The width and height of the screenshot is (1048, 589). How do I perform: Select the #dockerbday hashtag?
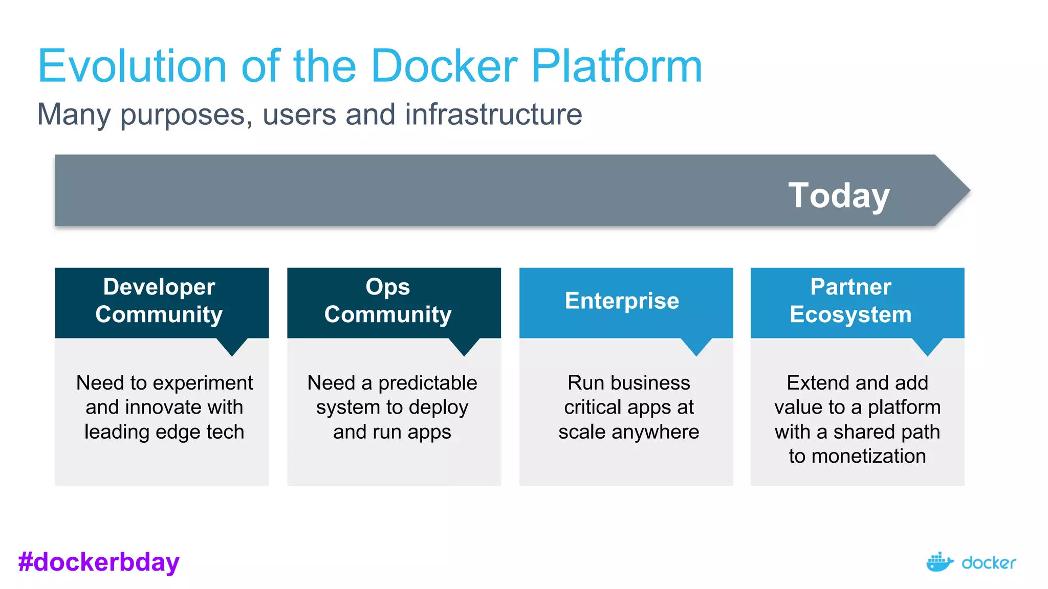click(x=99, y=562)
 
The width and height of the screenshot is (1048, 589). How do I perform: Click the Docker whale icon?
click(x=939, y=562)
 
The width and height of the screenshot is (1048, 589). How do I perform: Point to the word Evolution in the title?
click(x=132, y=66)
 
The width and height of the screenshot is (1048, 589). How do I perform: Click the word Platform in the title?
click(x=617, y=66)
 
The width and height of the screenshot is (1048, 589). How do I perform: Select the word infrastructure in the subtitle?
click(x=493, y=114)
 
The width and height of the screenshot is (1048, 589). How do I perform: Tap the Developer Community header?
click(x=159, y=301)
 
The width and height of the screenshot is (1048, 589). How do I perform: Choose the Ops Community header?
click(x=388, y=301)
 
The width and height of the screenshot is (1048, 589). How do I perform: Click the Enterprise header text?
click(x=622, y=301)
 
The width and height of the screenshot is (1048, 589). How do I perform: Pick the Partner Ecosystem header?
click(x=850, y=301)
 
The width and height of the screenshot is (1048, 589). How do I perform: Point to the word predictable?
click(x=427, y=383)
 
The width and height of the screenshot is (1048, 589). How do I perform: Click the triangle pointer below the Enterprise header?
click(x=696, y=347)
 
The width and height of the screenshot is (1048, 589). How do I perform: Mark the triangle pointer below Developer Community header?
click(x=232, y=347)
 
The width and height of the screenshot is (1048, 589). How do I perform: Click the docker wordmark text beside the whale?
click(x=989, y=563)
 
